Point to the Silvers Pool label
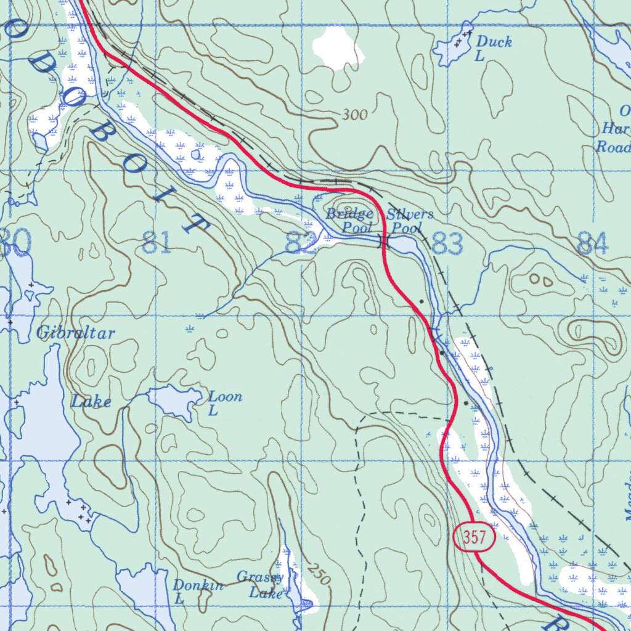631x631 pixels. tap(410, 221)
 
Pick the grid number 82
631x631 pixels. tap(301, 243)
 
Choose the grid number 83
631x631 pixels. tap(447, 244)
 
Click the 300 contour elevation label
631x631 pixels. tap(354, 115)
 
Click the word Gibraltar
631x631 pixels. tap(76, 333)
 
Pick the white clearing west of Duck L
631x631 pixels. tap(337, 47)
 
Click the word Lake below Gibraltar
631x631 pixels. tap(91, 402)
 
